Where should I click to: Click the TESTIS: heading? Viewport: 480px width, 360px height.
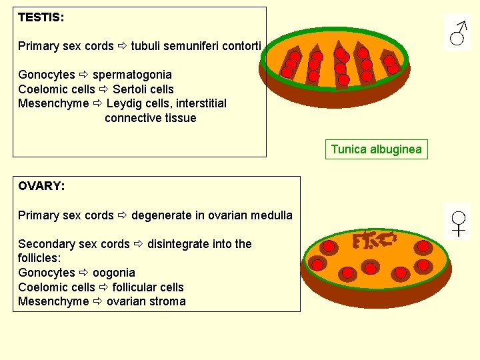[x=41, y=17]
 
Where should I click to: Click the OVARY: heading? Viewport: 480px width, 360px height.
[x=41, y=186]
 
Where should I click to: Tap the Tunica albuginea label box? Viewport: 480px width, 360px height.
[x=376, y=149]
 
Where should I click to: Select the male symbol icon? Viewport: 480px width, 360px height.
[x=457, y=33]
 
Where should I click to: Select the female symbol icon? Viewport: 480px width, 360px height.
[x=459, y=222]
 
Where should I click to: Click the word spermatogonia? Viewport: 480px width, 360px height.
[x=132, y=75]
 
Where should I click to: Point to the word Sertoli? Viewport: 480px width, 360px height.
[x=131, y=89]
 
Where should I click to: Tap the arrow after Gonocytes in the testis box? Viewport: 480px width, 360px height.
[x=84, y=75]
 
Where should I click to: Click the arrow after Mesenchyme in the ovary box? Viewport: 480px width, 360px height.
[x=98, y=301]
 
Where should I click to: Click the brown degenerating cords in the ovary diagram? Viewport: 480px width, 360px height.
[x=373, y=239]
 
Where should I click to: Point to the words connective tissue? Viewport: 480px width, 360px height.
[x=151, y=118]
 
